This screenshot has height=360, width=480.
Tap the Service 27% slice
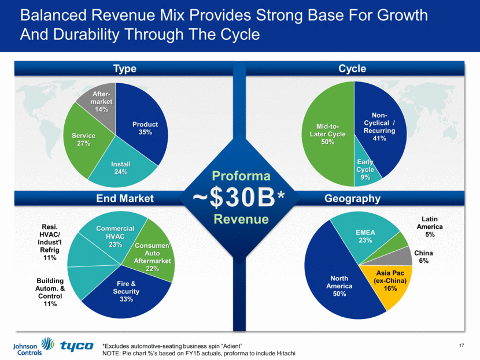(x=83, y=139)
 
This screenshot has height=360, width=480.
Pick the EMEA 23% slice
(x=364, y=237)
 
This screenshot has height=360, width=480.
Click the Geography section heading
(x=352, y=199)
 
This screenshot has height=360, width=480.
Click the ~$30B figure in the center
(x=239, y=197)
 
